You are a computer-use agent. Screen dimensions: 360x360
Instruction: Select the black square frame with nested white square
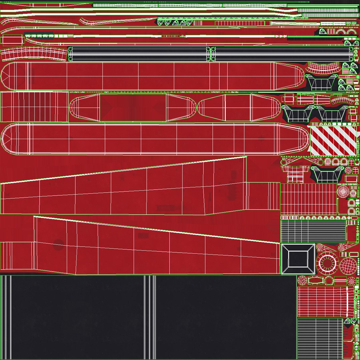pyautogui.click(x=298, y=259)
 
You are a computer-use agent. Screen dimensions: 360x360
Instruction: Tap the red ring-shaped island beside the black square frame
pyautogui.click(x=327, y=262)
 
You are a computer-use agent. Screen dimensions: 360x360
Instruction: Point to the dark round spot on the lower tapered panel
pyautogui.click(x=59, y=244)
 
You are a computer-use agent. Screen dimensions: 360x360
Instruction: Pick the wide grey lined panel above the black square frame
pyautogui.click(x=313, y=231)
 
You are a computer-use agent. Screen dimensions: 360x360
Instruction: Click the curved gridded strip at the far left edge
pyautogui.click(x=33, y=54)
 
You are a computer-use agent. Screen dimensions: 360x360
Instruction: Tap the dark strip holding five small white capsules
pyautogui.click(x=39, y=35)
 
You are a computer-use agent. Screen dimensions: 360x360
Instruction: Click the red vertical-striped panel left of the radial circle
pyautogui.click(x=308, y=199)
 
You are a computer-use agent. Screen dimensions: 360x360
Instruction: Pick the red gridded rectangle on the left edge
pyautogui.click(x=34, y=107)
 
